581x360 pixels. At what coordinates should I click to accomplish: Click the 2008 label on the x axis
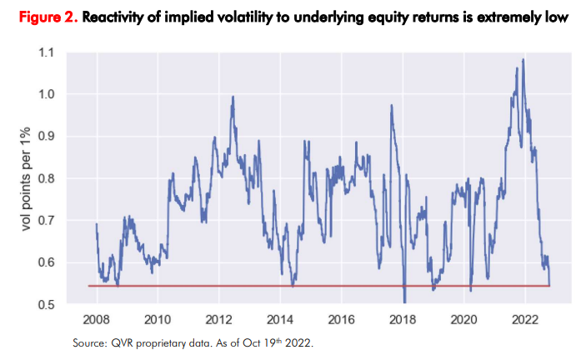pos(98,320)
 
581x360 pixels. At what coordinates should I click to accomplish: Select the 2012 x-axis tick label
pos(219,320)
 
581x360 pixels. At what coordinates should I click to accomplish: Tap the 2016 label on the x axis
pos(341,320)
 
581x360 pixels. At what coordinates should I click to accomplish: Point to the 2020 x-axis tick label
pos(463,320)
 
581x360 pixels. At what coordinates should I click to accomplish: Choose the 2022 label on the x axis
pos(524,320)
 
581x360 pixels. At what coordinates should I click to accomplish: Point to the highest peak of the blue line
pos(523,59)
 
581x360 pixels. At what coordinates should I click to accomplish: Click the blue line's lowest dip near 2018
pos(404,302)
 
